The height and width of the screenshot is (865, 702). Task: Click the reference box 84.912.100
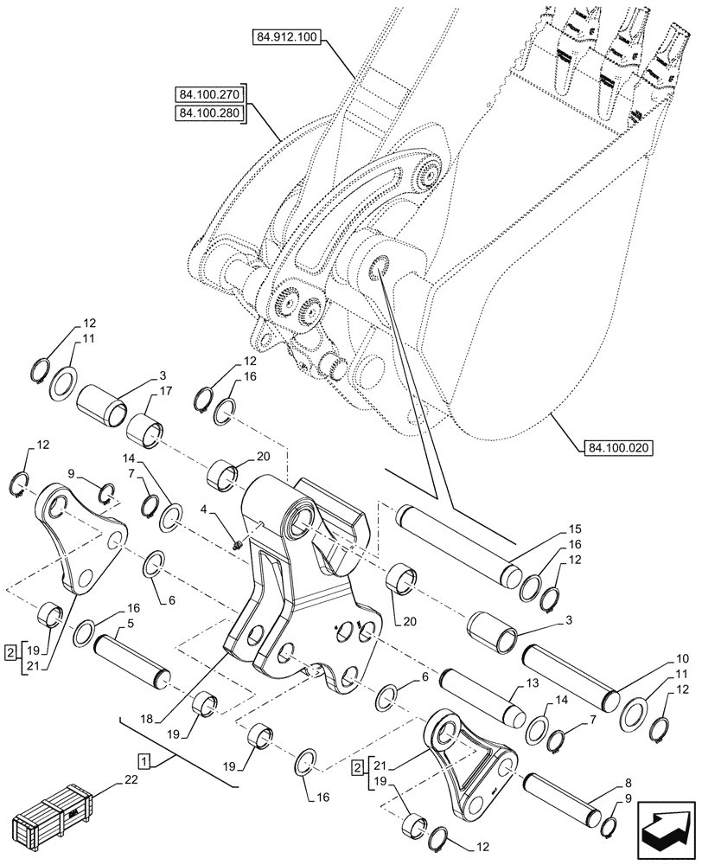(x=285, y=38)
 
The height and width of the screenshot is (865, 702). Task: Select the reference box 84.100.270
(x=208, y=94)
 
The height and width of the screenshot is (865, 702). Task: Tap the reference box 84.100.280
(x=208, y=113)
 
